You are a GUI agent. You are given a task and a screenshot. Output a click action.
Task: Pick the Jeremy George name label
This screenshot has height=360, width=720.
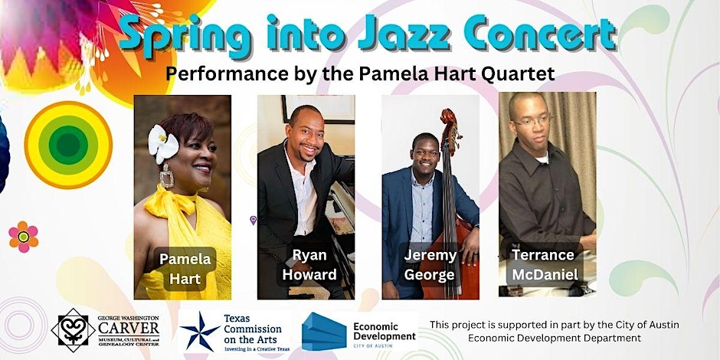point(430,264)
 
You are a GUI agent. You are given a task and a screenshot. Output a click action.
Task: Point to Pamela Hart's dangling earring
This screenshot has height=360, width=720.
point(167,178)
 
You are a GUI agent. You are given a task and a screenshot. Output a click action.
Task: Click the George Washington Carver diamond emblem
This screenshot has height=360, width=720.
point(74,330)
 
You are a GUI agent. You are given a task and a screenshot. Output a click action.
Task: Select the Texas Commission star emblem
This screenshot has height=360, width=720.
point(201,330)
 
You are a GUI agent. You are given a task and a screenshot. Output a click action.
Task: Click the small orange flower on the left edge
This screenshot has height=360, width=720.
point(24,237)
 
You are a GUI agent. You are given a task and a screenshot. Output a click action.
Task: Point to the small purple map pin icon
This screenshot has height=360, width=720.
point(254,221)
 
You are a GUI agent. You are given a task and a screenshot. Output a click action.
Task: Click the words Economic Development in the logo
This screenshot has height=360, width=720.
point(385,331)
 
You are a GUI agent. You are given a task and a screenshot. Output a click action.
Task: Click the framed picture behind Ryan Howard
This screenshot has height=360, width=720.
point(319,108)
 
